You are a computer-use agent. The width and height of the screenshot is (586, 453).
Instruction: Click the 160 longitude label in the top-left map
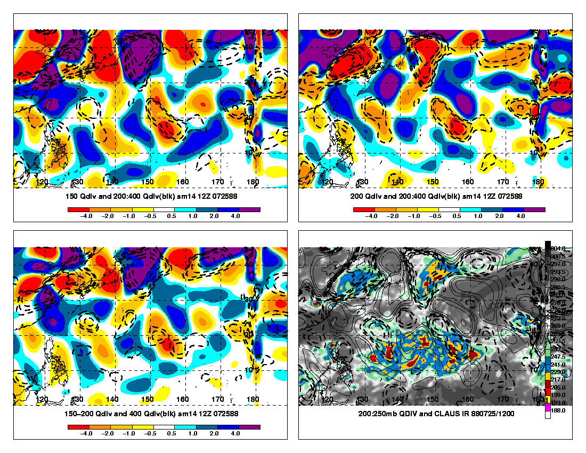(x=183, y=182)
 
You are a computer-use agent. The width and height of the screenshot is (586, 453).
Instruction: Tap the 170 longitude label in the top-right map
(x=503, y=182)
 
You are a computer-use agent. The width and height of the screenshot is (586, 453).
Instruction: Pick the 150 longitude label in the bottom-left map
(x=148, y=399)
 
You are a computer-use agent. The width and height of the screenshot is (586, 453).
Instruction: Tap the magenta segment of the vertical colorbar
(x=548, y=408)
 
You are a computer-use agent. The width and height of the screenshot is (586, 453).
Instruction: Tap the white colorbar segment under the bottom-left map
(x=164, y=427)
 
